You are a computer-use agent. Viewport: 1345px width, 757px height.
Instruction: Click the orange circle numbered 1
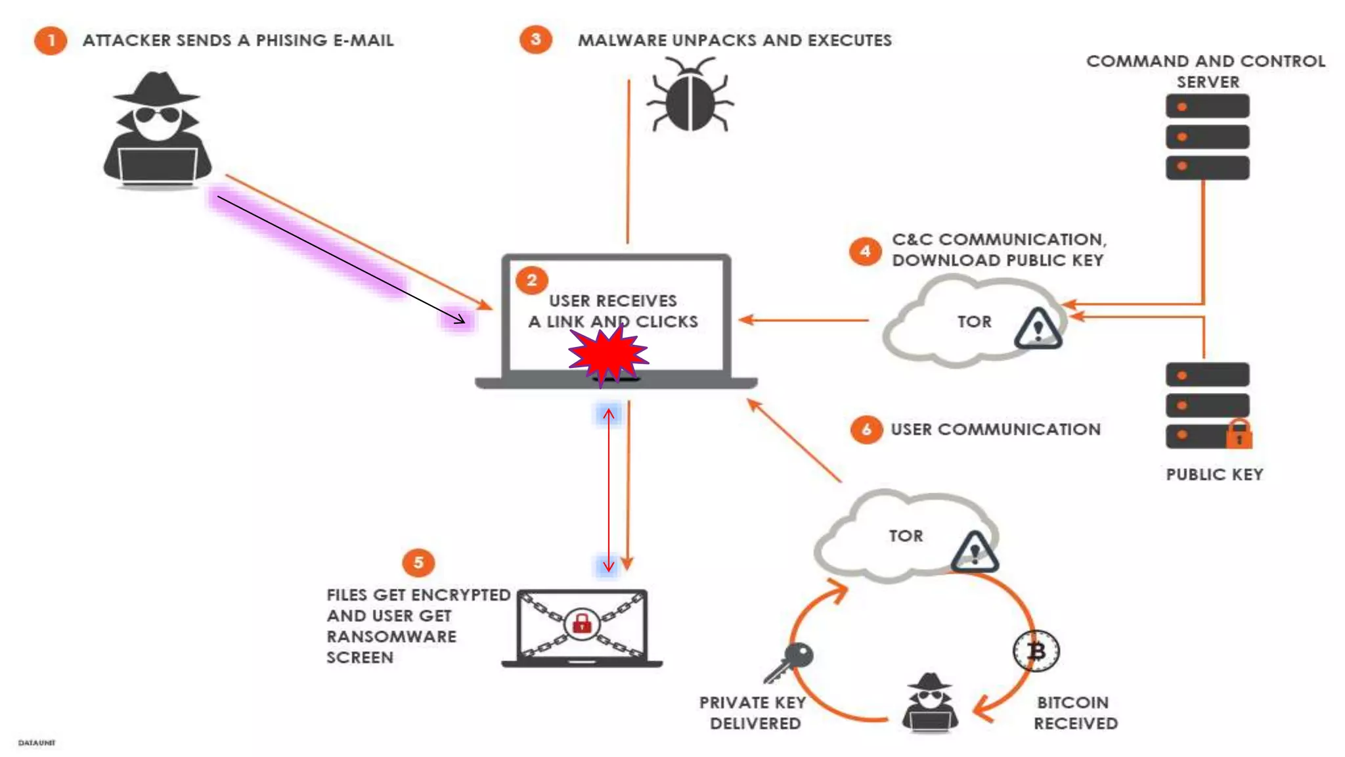(x=51, y=41)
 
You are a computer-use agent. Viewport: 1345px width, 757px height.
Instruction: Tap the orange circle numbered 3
(x=536, y=39)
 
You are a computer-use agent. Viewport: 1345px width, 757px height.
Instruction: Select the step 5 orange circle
(x=418, y=562)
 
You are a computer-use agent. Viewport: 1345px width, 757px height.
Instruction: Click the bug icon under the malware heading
(x=690, y=95)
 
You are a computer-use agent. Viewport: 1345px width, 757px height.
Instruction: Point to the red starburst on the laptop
(x=608, y=355)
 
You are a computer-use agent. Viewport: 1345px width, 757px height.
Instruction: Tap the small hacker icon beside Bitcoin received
(x=929, y=703)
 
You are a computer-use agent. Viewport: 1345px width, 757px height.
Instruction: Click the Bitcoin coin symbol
(x=1036, y=651)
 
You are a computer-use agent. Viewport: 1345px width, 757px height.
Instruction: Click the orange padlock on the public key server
(x=1239, y=434)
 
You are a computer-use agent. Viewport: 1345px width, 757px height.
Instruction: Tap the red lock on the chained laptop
(x=582, y=624)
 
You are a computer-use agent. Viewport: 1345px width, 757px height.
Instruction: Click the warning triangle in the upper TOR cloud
(x=1038, y=328)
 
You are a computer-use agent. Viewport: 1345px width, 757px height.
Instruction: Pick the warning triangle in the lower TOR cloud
(x=975, y=551)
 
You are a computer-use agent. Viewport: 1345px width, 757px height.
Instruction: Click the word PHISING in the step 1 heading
(x=292, y=41)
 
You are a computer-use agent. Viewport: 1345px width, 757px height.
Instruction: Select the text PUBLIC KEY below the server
(x=1214, y=474)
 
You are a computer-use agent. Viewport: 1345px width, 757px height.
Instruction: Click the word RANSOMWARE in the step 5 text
(x=391, y=637)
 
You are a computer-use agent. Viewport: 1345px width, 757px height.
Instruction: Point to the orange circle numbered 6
(x=866, y=430)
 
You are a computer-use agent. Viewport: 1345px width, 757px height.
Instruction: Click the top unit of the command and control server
(x=1207, y=106)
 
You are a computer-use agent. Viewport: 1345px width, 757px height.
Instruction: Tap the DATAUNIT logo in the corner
(x=37, y=743)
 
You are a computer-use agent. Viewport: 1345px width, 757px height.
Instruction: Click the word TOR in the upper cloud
(x=974, y=322)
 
